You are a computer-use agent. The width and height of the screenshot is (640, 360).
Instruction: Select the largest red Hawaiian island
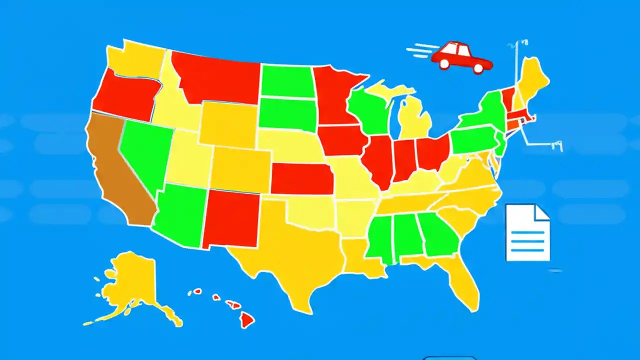pos(246,319)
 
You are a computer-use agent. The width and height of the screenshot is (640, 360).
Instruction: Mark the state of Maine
pos(532,80)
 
